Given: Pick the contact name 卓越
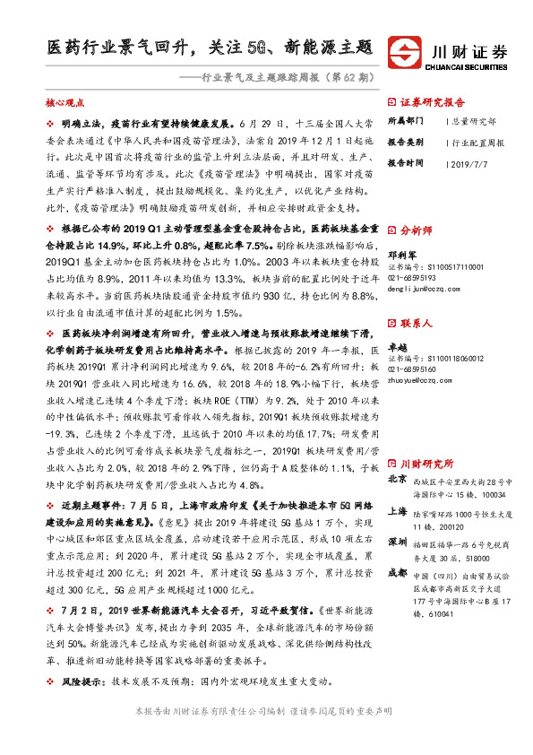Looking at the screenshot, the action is (x=397, y=344).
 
